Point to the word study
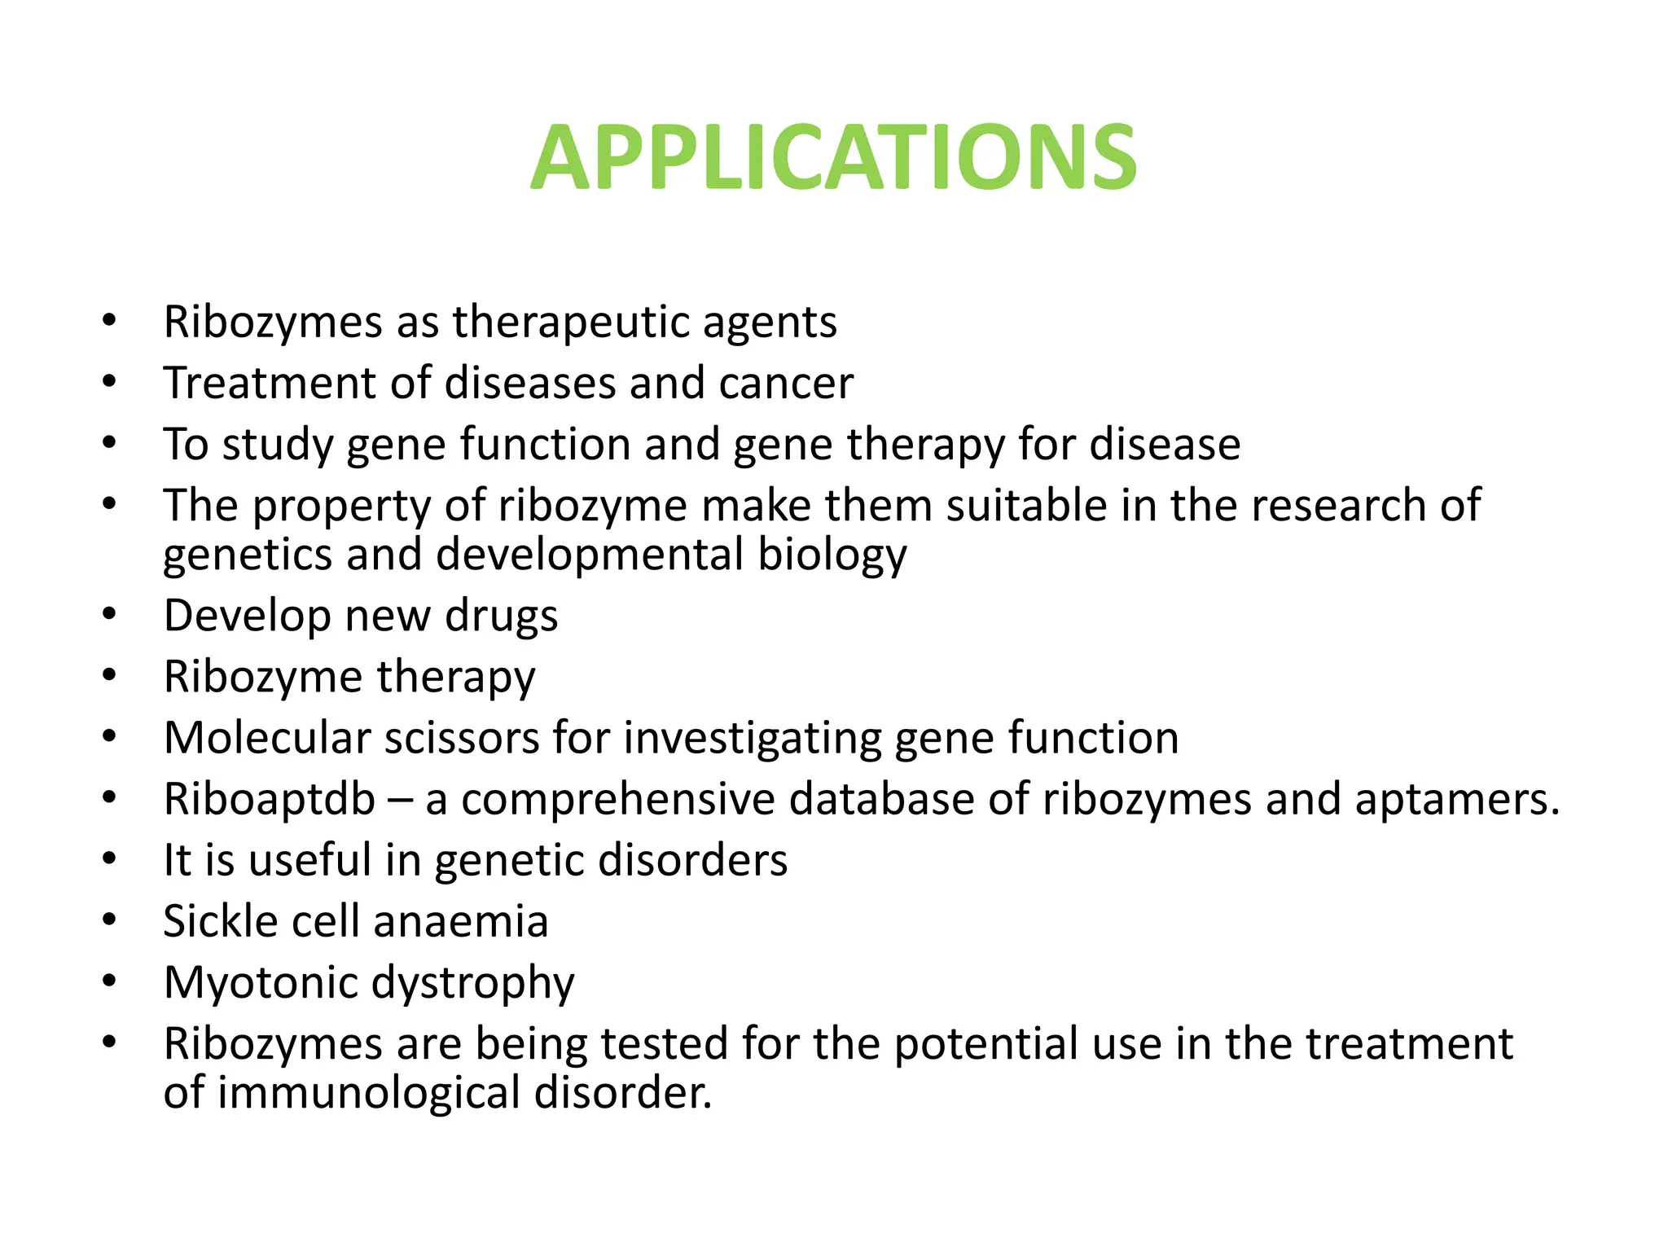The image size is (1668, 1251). [x=277, y=445]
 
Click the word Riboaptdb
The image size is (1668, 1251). [x=270, y=799]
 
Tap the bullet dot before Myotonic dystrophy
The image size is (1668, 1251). [x=110, y=981]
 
